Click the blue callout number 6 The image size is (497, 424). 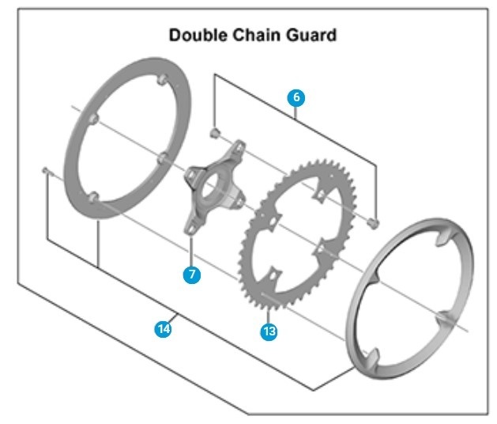pyautogui.click(x=296, y=97)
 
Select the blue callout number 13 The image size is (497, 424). pyautogui.click(x=269, y=331)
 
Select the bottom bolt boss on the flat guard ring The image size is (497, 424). pyautogui.click(x=96, y=195)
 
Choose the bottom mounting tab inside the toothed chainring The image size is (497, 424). pyautogui.click(x=272, y=274)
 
